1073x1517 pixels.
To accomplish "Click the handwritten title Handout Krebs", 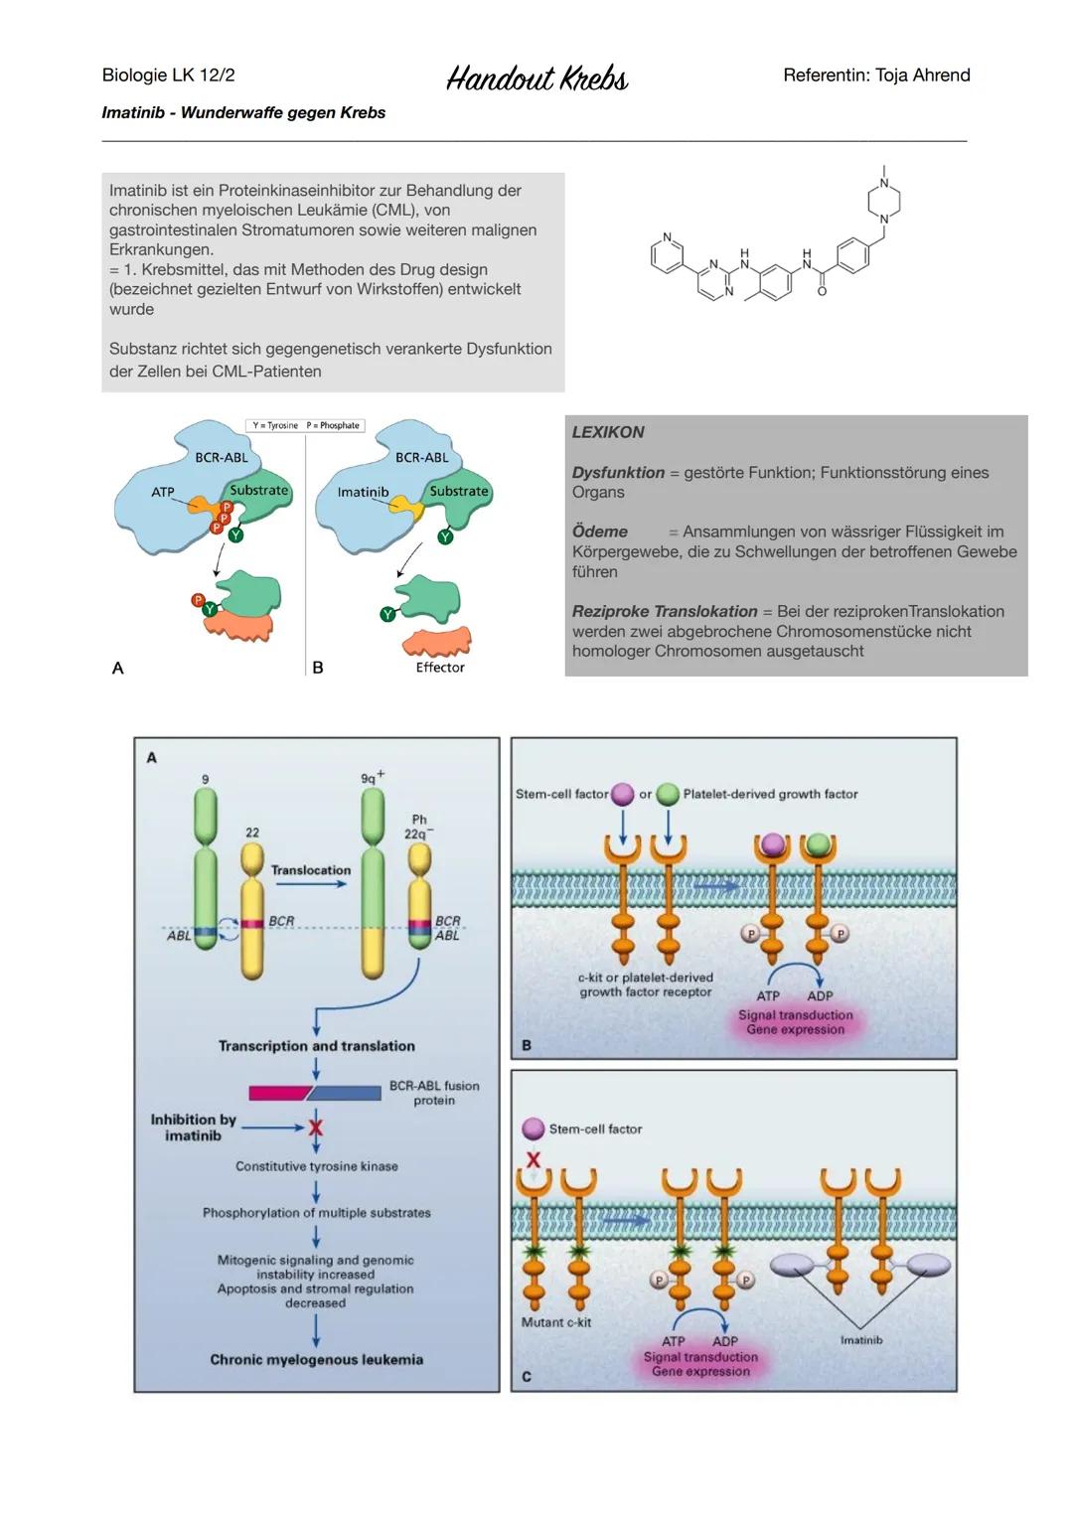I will coord(536,78).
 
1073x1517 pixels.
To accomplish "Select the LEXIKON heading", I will coord(608,432).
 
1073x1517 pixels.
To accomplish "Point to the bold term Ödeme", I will coord(600,531).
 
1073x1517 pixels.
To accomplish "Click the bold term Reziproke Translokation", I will coord(665,611).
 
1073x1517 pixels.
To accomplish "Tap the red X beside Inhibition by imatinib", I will coord(316,1128).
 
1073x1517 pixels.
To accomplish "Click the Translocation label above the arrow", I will coord(311,870).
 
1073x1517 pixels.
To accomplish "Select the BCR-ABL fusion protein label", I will coord(434,1093).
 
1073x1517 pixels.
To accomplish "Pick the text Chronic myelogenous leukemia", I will coord(316,1360).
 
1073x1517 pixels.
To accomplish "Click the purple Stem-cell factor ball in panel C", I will coord(534,1129).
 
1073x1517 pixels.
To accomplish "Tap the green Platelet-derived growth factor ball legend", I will coord(668,794).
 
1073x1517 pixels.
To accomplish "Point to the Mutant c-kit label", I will coord(556,1322).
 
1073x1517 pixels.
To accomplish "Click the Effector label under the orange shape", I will coord(440,668).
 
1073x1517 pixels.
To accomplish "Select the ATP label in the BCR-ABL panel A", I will coord(163,492).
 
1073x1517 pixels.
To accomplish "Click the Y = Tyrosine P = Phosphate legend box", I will coord(305,425).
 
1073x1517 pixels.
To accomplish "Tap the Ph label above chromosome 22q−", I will coord(419,820).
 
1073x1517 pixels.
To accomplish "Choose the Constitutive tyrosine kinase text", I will coord(316,1166).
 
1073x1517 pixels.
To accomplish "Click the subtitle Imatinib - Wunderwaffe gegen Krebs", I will coord(243,113).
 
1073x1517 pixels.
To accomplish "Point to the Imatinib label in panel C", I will coord(861,1340).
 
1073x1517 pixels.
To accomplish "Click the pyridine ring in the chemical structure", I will coord(667,254).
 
